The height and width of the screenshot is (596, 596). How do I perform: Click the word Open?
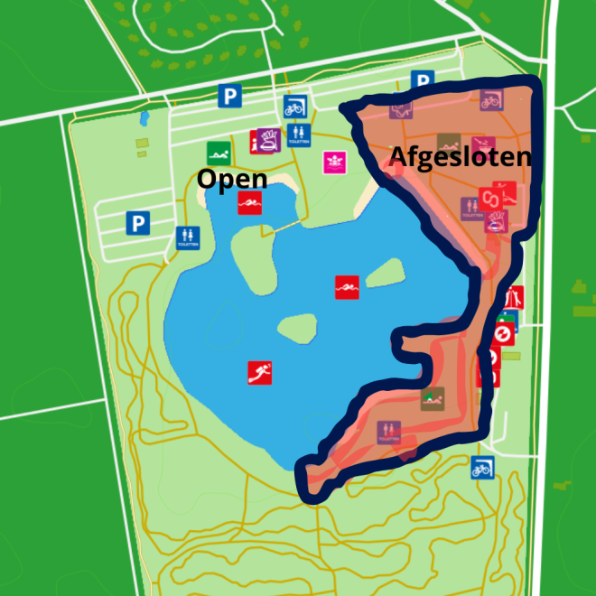(232, 178)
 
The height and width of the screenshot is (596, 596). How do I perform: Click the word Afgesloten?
(459, 156)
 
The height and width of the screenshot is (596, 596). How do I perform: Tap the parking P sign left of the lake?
(137, 222)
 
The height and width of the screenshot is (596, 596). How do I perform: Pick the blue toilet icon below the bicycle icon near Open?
(300, 134)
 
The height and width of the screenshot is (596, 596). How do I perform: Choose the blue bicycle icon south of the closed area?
(482, 467)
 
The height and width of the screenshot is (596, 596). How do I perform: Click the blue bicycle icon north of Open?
(294, 107)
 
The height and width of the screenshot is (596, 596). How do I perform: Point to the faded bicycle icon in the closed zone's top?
(490, 99)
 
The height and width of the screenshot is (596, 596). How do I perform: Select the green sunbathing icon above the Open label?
(217, 153)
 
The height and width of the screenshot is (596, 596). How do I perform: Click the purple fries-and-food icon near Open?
(268, 141)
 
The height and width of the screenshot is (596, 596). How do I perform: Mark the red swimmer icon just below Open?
(248, 203)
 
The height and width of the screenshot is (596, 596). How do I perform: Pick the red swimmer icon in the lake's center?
(347, 287)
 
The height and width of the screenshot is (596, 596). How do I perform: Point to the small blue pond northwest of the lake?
(144, 118)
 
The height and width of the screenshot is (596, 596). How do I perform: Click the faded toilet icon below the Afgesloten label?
(470, 208)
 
